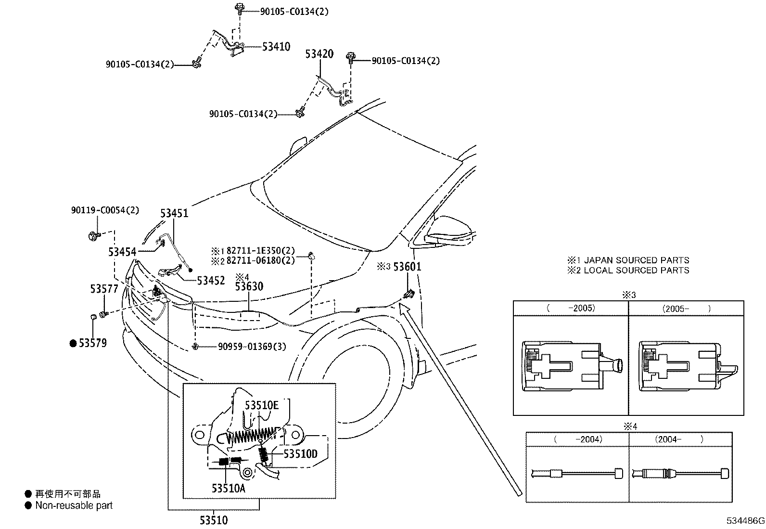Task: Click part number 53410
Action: click(x=276, y=47)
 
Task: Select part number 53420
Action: click(x=319, y=54)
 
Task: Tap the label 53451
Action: click(x=174, y=213)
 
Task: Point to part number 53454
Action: click(x=122, y=252)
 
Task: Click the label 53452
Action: click(x=211, y=281)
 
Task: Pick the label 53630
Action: click(x=249, y=287)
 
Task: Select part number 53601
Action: click(x=407, y=266)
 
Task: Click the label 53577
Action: click(x=104, y=289)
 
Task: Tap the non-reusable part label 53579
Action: click(x=92, y=343)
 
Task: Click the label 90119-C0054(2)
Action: click(x=105, y=210)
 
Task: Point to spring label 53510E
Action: click(x=262, y=405)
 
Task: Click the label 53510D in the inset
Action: click(x=301, y=454)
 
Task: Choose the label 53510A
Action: click(x=228, y=489)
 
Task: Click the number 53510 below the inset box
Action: click(x=214, y=520)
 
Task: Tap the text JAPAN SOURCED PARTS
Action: click(x=636, y=260)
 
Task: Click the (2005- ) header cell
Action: click(x=686, y=309)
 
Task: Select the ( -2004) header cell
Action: click(x=578, y=439)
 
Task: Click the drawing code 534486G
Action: click(x=745, y=521)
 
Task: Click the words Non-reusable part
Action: click(x=74, y=505)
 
